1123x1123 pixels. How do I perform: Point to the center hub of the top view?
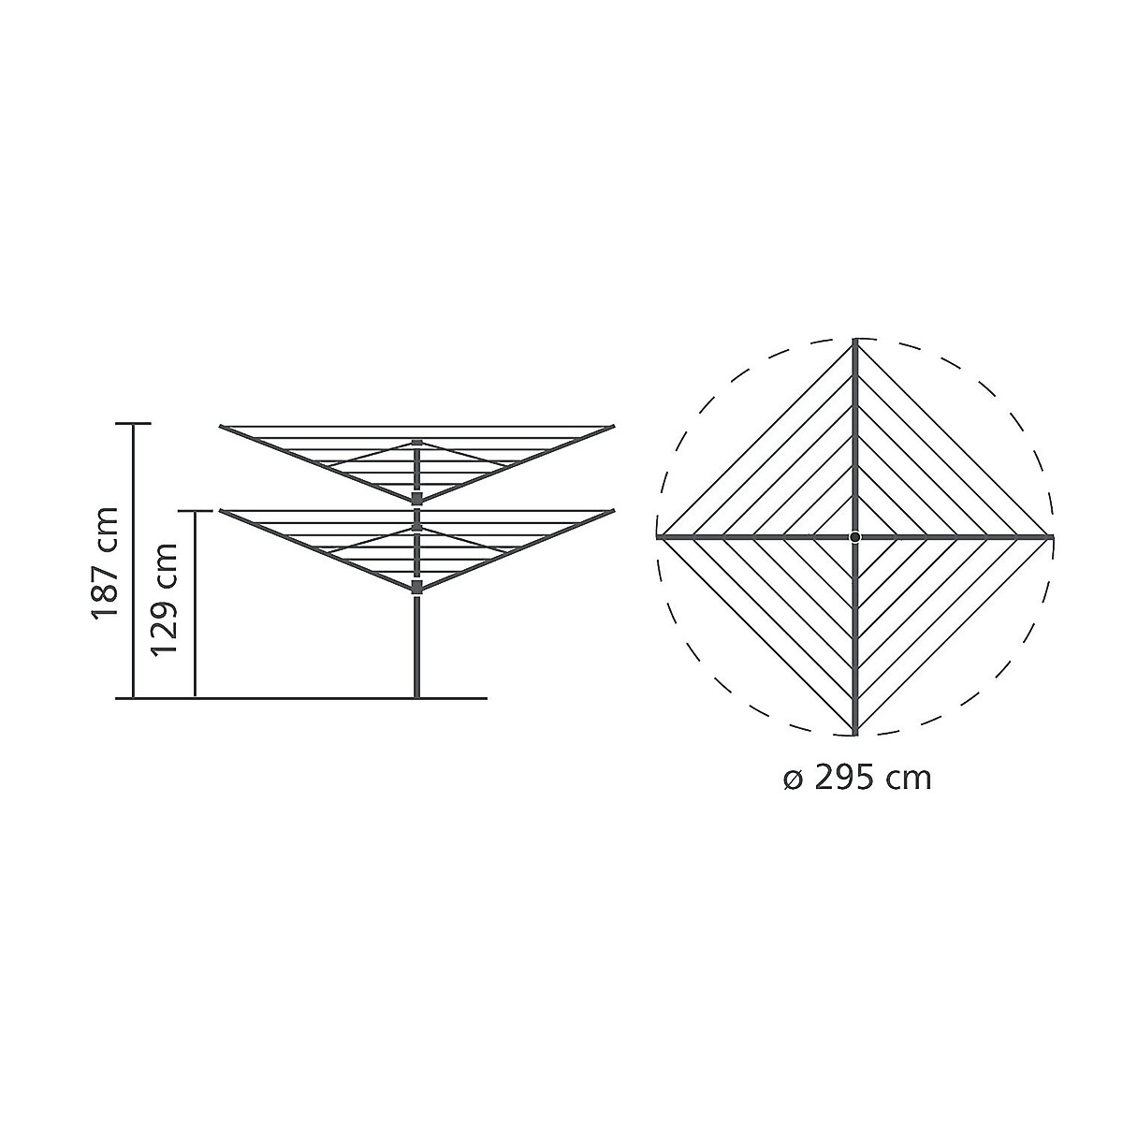tap(855, 537)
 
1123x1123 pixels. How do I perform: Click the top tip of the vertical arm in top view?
tap(855, 341)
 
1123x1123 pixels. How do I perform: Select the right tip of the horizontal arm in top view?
tap(1052, 537)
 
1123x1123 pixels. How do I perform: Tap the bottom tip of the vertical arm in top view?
tap(855, 733)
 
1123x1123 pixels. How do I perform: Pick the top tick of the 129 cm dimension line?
tap(195, 511)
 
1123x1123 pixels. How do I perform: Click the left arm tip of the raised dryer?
tap(222, 427)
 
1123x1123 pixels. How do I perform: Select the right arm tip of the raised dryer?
tap(613, 427)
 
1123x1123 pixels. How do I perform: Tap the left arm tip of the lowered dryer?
tap(222, 511)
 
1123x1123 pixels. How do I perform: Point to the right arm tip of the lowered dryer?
tap(613, 511)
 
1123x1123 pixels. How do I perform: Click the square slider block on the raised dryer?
tap(416, 498)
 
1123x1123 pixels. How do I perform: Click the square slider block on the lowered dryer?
tap(416, 587)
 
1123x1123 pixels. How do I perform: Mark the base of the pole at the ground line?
tap(416, 696)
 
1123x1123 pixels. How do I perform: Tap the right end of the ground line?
tap(486, 698)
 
